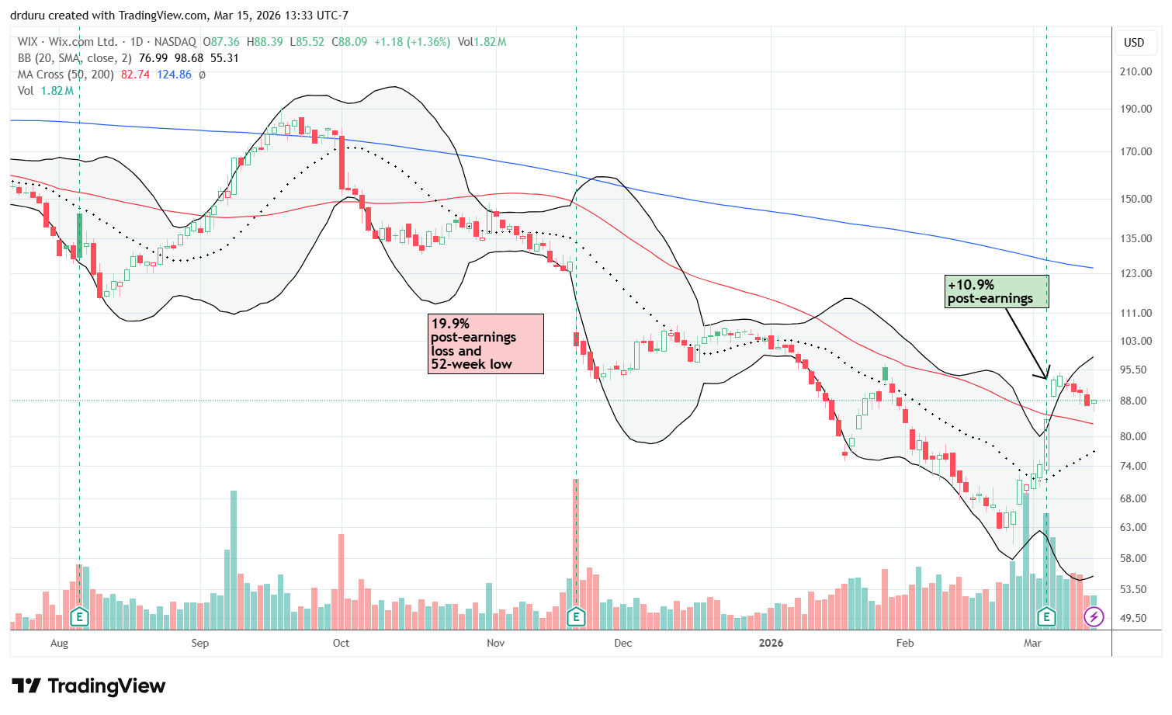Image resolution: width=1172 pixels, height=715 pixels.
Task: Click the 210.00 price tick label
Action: click(x=1135, y=71)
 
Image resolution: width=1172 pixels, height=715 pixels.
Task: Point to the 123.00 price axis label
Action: click(x=1135, y=273)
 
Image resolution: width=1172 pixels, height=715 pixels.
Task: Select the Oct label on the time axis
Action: click(x=341, y=643)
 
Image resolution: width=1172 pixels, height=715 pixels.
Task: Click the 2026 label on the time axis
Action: click(x=771, y=643)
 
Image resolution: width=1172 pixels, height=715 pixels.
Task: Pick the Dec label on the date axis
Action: click(x=622, y=643)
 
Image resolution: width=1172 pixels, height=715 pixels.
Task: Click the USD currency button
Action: click(x=1134, y=43)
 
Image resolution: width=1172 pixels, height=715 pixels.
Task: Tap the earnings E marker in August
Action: click(x=79, y=618)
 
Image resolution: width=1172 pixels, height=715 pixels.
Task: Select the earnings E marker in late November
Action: click(x=576, y=618)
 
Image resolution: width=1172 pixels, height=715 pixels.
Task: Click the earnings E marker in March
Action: click(x=1047, y=618)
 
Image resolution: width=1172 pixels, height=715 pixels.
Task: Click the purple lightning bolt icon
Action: click(x=1094, y=617)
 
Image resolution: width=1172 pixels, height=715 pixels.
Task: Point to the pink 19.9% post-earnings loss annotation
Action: click(x=485, y=344)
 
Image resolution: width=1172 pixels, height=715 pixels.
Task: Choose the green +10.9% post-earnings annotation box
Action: click(x=997, y=291)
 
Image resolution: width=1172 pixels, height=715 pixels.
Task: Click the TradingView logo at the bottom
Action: click(x=88, y=686)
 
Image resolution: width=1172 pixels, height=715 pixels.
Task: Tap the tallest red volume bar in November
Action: click(x=576, y=543)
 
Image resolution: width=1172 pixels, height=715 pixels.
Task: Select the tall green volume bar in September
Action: click(x=234, y=559)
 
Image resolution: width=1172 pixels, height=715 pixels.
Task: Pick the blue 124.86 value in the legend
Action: click(x=174, y=75)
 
